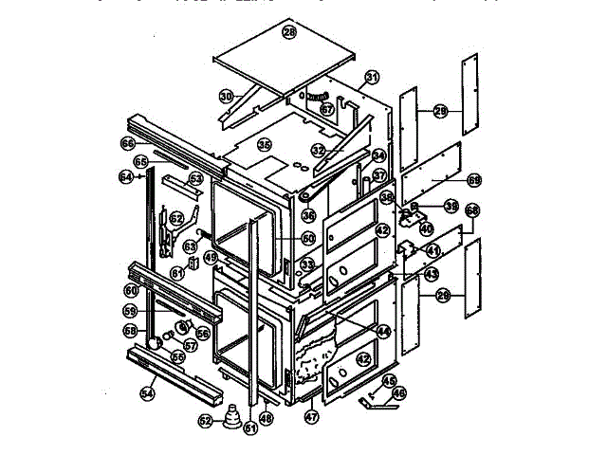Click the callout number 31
(372, 77)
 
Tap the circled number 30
(226, 96)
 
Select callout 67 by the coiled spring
(327, 109)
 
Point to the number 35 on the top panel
(265, 145)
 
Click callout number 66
(128, 143)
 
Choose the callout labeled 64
(126, 176)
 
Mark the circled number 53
(196, 177)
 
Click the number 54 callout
(147, 392)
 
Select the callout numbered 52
(205, 420)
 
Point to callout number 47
(311, 415)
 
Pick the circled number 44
(382, 332)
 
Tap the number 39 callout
(425, 206)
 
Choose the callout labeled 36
(308, 216)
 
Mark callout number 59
(131, 310)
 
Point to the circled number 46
(399, 392)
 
